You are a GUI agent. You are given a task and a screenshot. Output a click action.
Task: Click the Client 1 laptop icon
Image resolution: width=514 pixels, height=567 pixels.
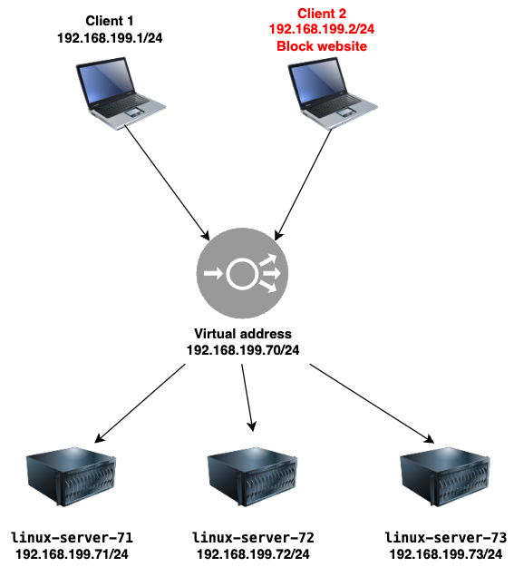(x=121, y=93)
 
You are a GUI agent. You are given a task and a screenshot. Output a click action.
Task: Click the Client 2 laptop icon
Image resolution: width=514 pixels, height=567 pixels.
(x=333, y=93)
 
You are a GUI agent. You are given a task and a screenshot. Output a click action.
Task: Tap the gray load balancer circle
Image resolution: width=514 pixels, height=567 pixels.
(x=242, y=273)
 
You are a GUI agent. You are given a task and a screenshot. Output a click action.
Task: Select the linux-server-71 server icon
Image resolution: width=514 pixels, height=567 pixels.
(x=72, y=476)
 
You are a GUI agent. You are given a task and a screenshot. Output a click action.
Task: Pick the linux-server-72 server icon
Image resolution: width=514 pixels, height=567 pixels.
(x=252, y=476)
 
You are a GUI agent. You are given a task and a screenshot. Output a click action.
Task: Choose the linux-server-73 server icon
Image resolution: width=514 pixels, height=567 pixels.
(x=445, y=476)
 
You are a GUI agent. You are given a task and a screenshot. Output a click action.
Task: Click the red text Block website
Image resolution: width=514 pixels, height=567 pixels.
(x=322, y=46)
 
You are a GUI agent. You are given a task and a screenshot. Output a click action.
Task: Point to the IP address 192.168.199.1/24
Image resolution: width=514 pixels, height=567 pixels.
(x=110, y=38)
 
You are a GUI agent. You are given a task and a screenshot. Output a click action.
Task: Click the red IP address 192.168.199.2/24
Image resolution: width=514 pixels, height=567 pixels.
(x=322, y=29)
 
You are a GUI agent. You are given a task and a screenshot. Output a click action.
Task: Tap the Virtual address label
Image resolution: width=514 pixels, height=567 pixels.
(x=243, y=334)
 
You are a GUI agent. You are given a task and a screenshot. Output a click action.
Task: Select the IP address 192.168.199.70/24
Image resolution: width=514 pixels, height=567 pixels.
(x=243, y=350)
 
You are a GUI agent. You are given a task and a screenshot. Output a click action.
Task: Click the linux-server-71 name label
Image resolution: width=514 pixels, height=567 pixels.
(x=73, y=538)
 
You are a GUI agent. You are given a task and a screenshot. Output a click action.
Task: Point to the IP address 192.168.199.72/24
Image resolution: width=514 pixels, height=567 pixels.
(x=253, y=554)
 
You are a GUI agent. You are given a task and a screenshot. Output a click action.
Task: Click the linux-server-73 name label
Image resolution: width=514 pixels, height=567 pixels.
(x=446, y=538)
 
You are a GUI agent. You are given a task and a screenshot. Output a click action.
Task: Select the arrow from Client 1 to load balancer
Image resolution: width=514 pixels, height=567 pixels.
(x=167, y=183)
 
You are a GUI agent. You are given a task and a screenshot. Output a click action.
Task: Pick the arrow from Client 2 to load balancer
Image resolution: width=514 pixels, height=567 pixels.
(x=304, y=185)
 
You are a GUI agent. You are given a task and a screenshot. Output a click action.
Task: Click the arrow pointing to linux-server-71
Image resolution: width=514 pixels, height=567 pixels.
(x=140, y=403)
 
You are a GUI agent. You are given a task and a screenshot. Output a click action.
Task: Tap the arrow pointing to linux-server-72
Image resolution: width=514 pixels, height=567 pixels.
(x=247, y=397)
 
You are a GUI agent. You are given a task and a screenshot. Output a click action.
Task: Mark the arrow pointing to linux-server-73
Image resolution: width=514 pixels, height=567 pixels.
(x=372, y=404)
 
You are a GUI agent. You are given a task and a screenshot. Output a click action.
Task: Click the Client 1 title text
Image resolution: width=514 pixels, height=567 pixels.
(x=110, y=21)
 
